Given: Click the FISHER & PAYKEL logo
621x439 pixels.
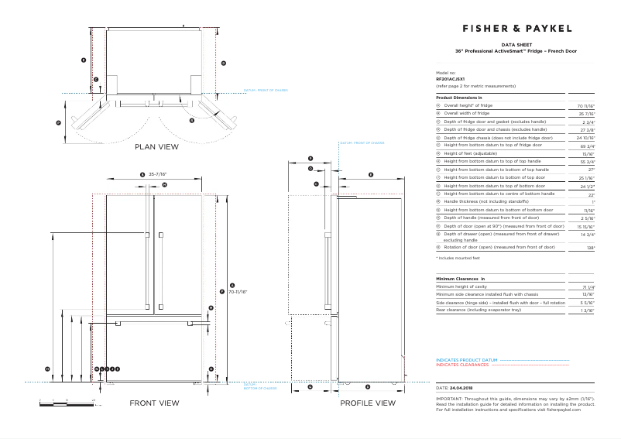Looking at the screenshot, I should tap(516, 28).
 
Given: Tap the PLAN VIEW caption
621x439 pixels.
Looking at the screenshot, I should tap(156, 146).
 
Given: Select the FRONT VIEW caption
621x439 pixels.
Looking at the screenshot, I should tap(154, 403).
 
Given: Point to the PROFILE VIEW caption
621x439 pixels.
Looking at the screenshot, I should tap(368, 403).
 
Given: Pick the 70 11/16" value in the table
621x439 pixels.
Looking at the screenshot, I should tap(585, 105).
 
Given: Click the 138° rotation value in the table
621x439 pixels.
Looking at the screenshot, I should tap(590, 247).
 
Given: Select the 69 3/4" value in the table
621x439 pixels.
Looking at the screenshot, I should tap(587, 146).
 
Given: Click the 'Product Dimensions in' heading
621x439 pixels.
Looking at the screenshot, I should tap(458, 98).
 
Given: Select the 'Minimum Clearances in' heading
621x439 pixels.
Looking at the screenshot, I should tap(460, 278).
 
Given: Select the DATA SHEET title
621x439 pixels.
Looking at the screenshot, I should tap(516, 46).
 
